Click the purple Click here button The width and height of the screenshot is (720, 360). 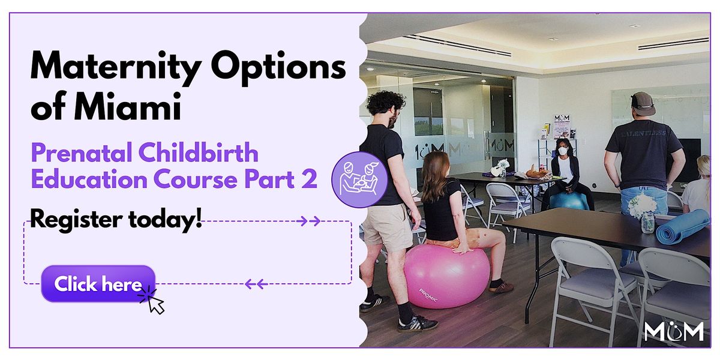tap(98, 284)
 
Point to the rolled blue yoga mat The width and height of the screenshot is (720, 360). tap(682, 226)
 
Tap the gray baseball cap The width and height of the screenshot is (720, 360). tap(643, 103)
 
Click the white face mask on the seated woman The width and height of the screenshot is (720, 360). tap(563, 151)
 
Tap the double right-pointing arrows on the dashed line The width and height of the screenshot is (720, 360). tap(308, 221)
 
